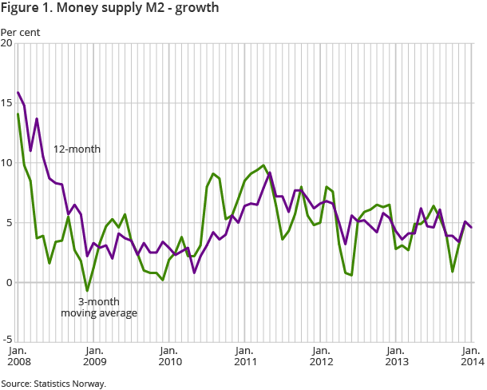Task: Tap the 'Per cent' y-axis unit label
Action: (x=20, y=33)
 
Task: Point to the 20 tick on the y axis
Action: (x=7, y=43)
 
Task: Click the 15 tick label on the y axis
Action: (x=7, y=103)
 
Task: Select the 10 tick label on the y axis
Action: (x=7, y=163)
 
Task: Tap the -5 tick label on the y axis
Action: (x=8, y=342)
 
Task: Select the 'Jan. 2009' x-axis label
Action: (x=93, y=356)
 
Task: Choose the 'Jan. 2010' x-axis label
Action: (x=168, y=356)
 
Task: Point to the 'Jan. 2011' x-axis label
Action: (x=244, y=356)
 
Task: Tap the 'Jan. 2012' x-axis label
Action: (x=320, y=356)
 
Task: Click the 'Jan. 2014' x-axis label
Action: (x=471, y=356)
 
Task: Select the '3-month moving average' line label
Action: (x=99, y=307)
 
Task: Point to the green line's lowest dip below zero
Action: (x=87, y=291)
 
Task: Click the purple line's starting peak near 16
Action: (x=18, y=93)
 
